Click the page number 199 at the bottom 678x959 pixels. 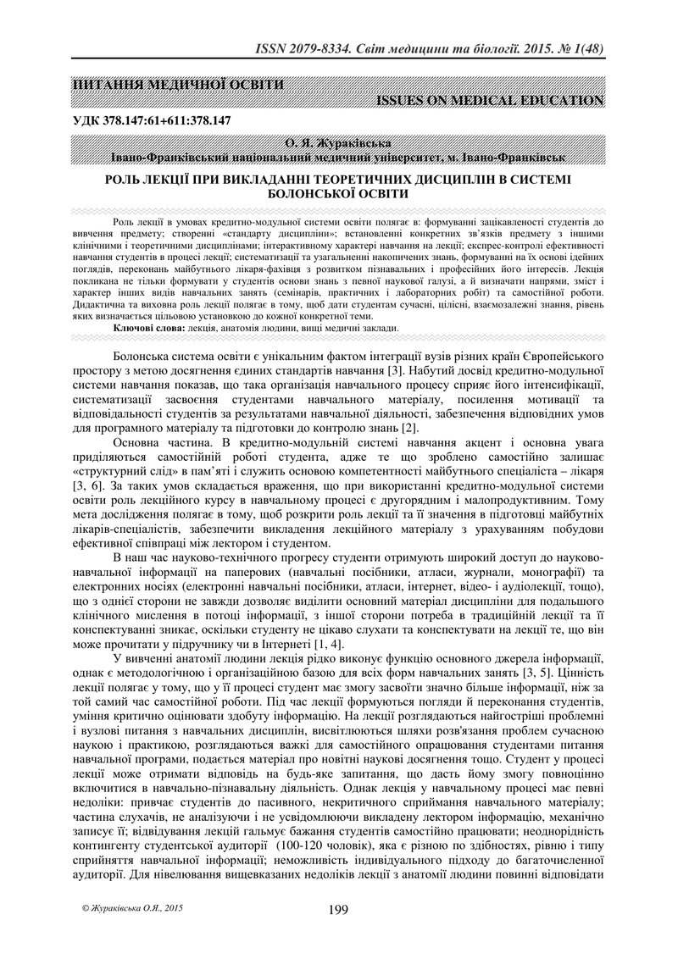338,910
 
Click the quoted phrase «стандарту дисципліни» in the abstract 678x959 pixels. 278,234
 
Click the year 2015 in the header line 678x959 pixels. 523,49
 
